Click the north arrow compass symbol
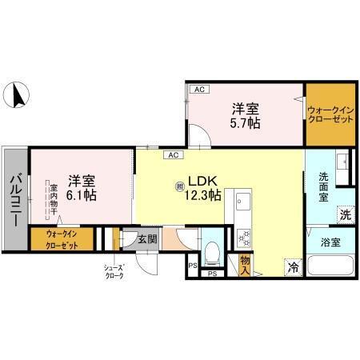16,95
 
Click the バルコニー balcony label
14,195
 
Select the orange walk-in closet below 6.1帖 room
62,239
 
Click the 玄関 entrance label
146,238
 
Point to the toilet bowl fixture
212,254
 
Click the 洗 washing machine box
345,214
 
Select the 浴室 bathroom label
330,240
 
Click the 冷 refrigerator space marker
294,267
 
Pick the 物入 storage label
245,265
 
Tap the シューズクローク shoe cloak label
114,272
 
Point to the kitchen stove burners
242,238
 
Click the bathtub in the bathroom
330,265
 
